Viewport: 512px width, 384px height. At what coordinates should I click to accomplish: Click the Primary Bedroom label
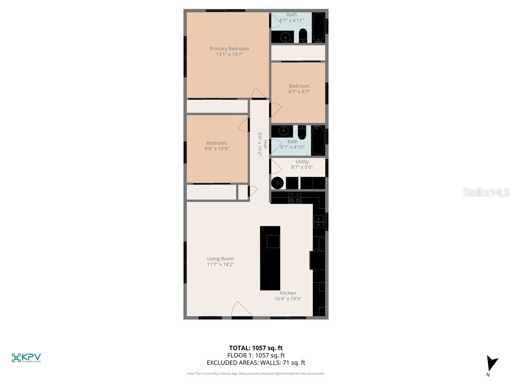(229, 49)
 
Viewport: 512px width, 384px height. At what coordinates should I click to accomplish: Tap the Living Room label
(220, 259)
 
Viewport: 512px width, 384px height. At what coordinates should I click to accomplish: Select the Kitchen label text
(288, 293)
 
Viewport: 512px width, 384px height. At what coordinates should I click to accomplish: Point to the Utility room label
(302, 161)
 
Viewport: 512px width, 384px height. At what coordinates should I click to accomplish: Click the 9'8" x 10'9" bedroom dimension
(217, 149)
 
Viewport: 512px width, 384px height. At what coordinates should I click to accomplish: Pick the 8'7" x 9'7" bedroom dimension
(299, 92)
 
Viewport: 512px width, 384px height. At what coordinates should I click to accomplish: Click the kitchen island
(270, 258)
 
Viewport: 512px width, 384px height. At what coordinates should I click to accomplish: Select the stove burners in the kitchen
(294, 198)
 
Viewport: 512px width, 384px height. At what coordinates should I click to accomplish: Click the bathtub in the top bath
(318, 28)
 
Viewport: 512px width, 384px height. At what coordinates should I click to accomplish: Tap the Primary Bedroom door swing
(259, 93)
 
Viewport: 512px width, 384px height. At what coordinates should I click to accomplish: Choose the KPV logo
(26, 358)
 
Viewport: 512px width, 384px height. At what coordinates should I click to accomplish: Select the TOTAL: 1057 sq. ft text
(255, 348)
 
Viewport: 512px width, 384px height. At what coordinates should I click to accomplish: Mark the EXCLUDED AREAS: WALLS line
(255, 362)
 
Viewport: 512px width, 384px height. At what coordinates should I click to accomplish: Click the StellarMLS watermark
(486, 193)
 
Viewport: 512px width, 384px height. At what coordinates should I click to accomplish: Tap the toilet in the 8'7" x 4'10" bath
(302, 133)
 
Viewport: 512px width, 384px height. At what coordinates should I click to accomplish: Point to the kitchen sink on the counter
(318, 222)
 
